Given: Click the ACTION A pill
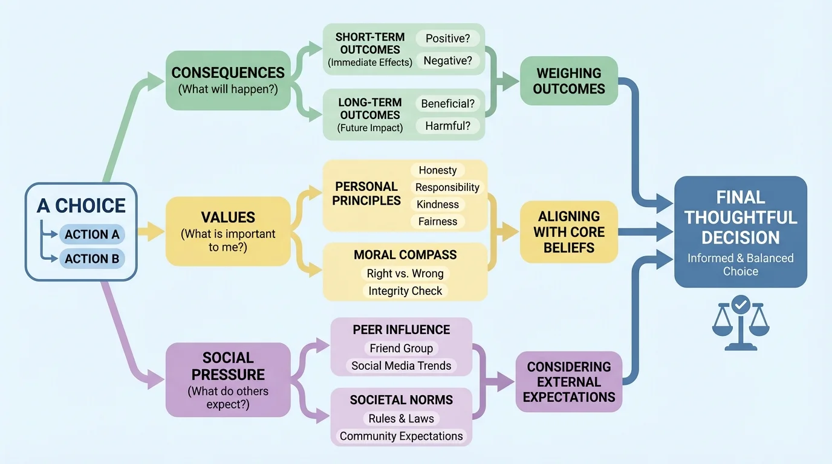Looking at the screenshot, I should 92,234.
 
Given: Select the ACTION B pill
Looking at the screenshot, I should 92,259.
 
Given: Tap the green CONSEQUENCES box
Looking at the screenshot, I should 228,80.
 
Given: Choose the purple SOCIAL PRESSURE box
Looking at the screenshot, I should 228,379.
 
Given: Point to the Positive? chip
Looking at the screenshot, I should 448,39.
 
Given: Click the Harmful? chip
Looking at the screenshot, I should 448,126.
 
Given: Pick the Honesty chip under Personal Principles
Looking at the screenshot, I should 438,170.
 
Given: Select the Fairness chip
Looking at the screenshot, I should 438,222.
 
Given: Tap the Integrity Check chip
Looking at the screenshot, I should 405,291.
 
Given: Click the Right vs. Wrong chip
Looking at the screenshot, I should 405,274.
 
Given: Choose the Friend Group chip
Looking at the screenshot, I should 401,349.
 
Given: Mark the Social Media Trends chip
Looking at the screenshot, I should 401,366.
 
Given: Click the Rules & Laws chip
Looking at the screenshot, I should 401,419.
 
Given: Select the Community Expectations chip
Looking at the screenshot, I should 401,436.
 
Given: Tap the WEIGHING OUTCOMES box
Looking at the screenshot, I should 569,81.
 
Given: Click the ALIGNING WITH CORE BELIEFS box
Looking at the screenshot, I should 569,232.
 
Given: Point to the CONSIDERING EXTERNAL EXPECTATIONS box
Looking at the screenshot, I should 569,382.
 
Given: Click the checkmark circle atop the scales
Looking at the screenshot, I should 740,304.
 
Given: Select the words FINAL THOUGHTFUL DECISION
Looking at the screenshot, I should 741,217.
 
